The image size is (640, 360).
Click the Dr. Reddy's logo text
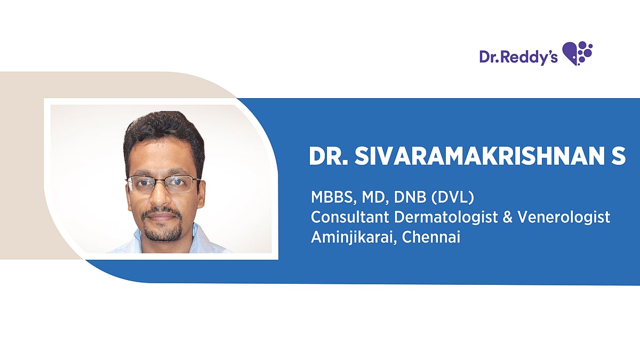click(518, 57)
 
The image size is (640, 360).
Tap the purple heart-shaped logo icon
click(577, 53)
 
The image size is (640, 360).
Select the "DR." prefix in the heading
click(329, 156)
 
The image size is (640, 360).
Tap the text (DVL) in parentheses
click(453, 197)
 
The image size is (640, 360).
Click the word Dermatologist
click(446, 218)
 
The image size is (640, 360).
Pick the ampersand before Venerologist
click(508, 217)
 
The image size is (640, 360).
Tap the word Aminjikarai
click(354, 238)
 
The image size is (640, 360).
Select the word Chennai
click(431, 237)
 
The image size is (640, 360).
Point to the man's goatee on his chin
click(162, 232)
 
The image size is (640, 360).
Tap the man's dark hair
click(164, 134)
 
